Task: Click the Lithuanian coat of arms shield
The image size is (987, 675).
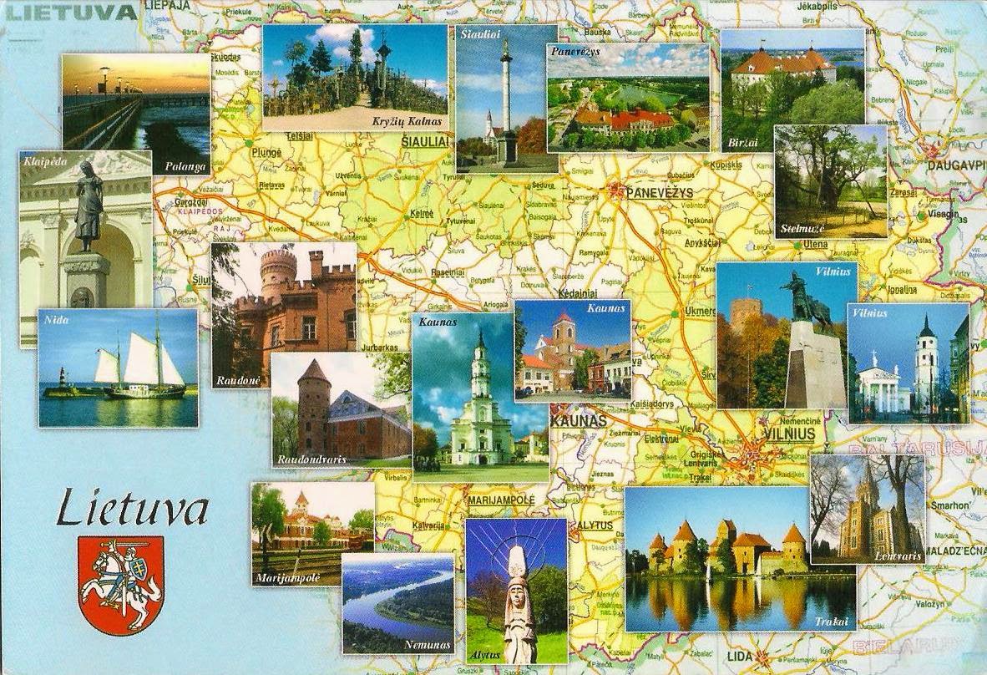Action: [x=119, y=583]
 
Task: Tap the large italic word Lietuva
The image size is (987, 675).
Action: [x=132, y=508]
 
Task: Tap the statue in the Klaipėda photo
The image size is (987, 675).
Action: [x=89, y=206]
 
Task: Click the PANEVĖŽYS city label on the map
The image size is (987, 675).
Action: [x=660, y=193]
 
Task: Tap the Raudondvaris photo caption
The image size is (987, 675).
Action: [x=311, y=459]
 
